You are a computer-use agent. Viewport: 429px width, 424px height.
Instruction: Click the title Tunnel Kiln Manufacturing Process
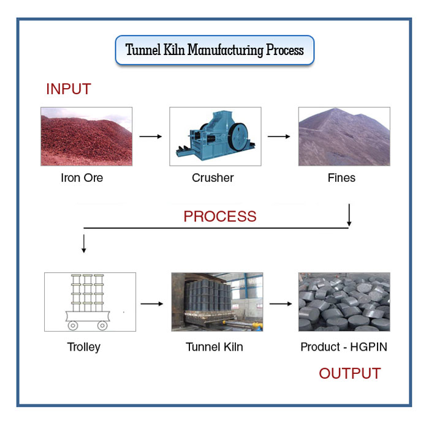click(214, 50)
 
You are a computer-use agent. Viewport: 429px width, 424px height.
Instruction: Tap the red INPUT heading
click(69, 89)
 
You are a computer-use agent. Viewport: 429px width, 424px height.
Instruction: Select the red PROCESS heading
click(220, 216)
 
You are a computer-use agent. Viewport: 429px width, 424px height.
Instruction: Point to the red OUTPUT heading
click(350, 373)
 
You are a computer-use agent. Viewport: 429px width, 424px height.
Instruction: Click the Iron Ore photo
click(86, 136)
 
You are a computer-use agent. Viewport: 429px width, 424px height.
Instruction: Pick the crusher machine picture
click(215, 136)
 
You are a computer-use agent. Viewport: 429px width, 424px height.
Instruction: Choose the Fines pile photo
click(344, 136)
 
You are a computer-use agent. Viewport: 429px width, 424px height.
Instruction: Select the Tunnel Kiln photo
click(217, 302)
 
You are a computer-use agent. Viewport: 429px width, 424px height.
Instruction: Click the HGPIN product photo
click(344, 302)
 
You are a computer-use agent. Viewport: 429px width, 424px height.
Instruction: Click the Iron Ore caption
click(82, 179)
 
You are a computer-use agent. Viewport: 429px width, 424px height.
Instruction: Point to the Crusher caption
click(213, 179)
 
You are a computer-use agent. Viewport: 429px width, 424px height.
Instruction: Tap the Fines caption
click(341, 179)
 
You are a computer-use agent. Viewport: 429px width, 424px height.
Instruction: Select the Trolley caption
click(84, 348)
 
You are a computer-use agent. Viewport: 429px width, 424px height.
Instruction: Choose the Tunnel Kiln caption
click(214, 348)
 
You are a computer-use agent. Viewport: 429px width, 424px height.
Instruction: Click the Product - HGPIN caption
click(344, 348)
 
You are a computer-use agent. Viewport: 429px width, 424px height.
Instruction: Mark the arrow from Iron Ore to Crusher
click(151, 136)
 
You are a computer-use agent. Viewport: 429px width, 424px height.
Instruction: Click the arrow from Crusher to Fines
click(279, 136)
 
